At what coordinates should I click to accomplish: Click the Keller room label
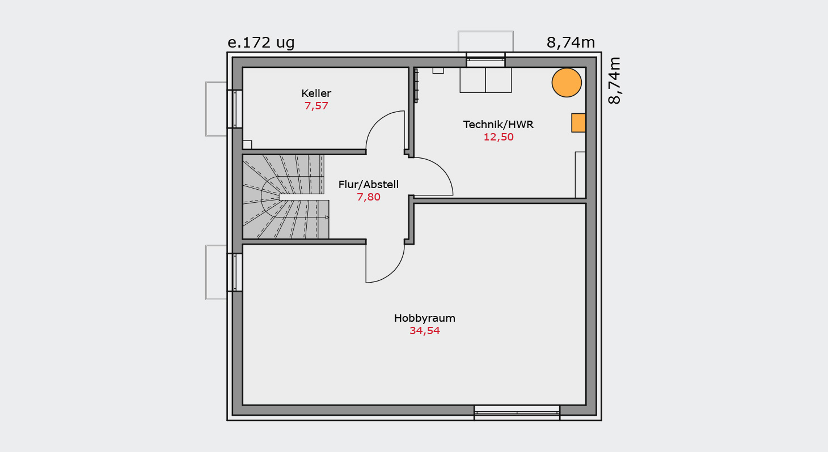click(316, 93)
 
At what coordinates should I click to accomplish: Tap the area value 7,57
click(316, 106)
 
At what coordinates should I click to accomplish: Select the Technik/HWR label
click(499, 125)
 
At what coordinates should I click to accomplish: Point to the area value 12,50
click(499, 137)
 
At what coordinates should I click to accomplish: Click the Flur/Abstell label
click(368, 184)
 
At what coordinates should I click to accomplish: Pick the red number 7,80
click(368, 197)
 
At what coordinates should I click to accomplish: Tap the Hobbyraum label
click(424, 318)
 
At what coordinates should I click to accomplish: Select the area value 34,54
click(424, 331)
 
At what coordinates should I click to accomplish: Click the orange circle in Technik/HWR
click(567, 83)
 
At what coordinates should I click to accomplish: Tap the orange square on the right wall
click(578, 122)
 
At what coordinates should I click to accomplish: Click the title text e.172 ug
click(261, 43)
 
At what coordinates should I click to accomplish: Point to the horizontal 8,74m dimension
click(571, 43)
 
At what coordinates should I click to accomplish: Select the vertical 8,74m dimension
click(614, 80)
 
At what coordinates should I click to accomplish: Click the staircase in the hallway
click(285, 197)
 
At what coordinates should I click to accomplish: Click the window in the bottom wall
click(517, 412)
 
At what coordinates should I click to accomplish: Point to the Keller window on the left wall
click(235, 109)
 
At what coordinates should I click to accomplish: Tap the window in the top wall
click(485, 59)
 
